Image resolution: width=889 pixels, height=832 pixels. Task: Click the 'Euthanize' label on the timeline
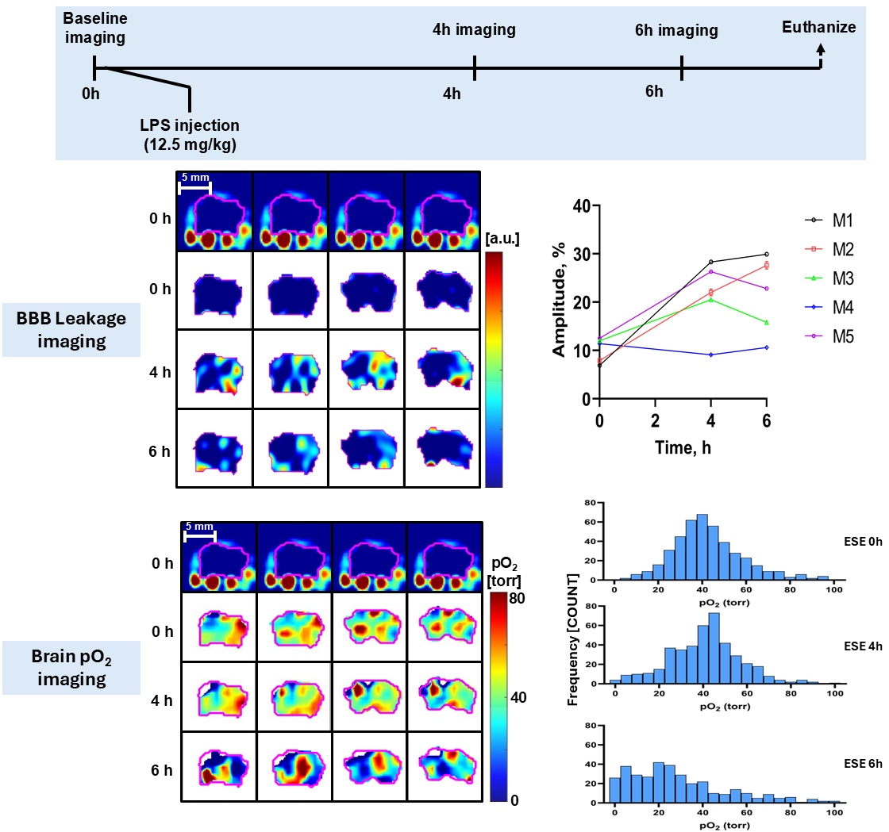click(x=819, y=28)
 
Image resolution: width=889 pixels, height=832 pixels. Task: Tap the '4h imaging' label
click(x=474, y=30)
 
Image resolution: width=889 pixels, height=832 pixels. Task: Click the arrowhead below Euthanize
click(x=821, y=48)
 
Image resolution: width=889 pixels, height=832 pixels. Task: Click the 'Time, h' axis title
click(x=683, y=447)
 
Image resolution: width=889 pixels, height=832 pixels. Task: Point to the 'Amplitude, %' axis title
click(x=560, y=301)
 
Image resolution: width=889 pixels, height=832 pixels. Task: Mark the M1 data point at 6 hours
click(x=766, y=255)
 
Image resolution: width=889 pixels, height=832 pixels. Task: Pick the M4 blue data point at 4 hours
click(x=710, y=355)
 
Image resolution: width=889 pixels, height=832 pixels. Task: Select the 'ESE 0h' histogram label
click(x=861, y=538)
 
